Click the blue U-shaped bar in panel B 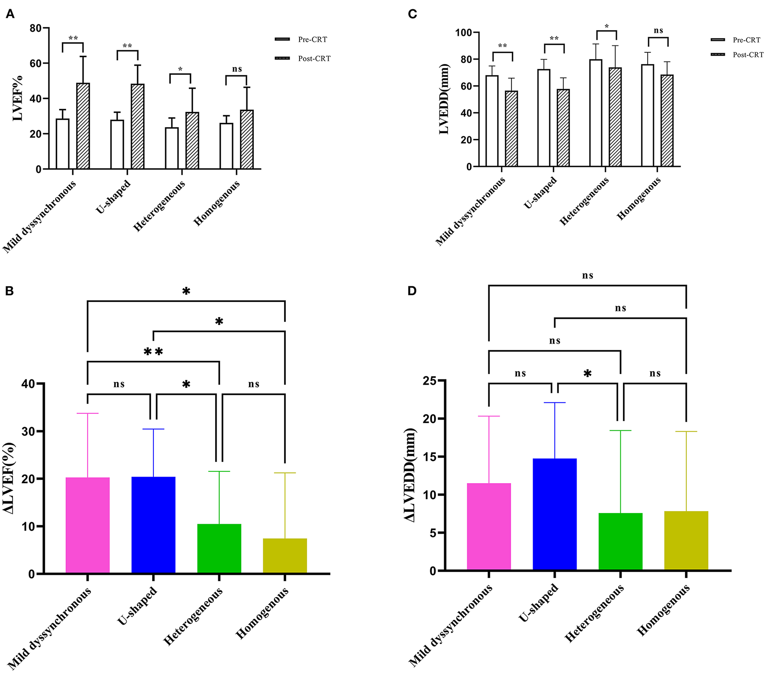pyautogui.click(x=153, y=525)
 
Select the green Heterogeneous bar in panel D pyautogui.click(x=620, y=541)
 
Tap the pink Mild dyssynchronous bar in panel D pyautogui.click(x=488, y=526)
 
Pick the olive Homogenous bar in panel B pyautogui.click(x=284, y=556)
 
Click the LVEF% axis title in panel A pyautogui.click(x=17, y=98)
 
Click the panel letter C pyautogui.click(x=412, y=14)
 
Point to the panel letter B pyautogui.click(x=9, y=291)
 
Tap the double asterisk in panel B pyautogui.click(x=153, y=352)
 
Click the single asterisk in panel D pyautogui.click(x=587, y=374)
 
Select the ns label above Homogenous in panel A pyautogui.click(x=237, y=69)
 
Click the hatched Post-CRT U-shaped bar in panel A pyautogui.click(x=137, y=126)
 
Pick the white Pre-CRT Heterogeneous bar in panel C pyautogui.click(x=596, y=113)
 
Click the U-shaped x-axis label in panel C pyautogui.click(x=540, y=193)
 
